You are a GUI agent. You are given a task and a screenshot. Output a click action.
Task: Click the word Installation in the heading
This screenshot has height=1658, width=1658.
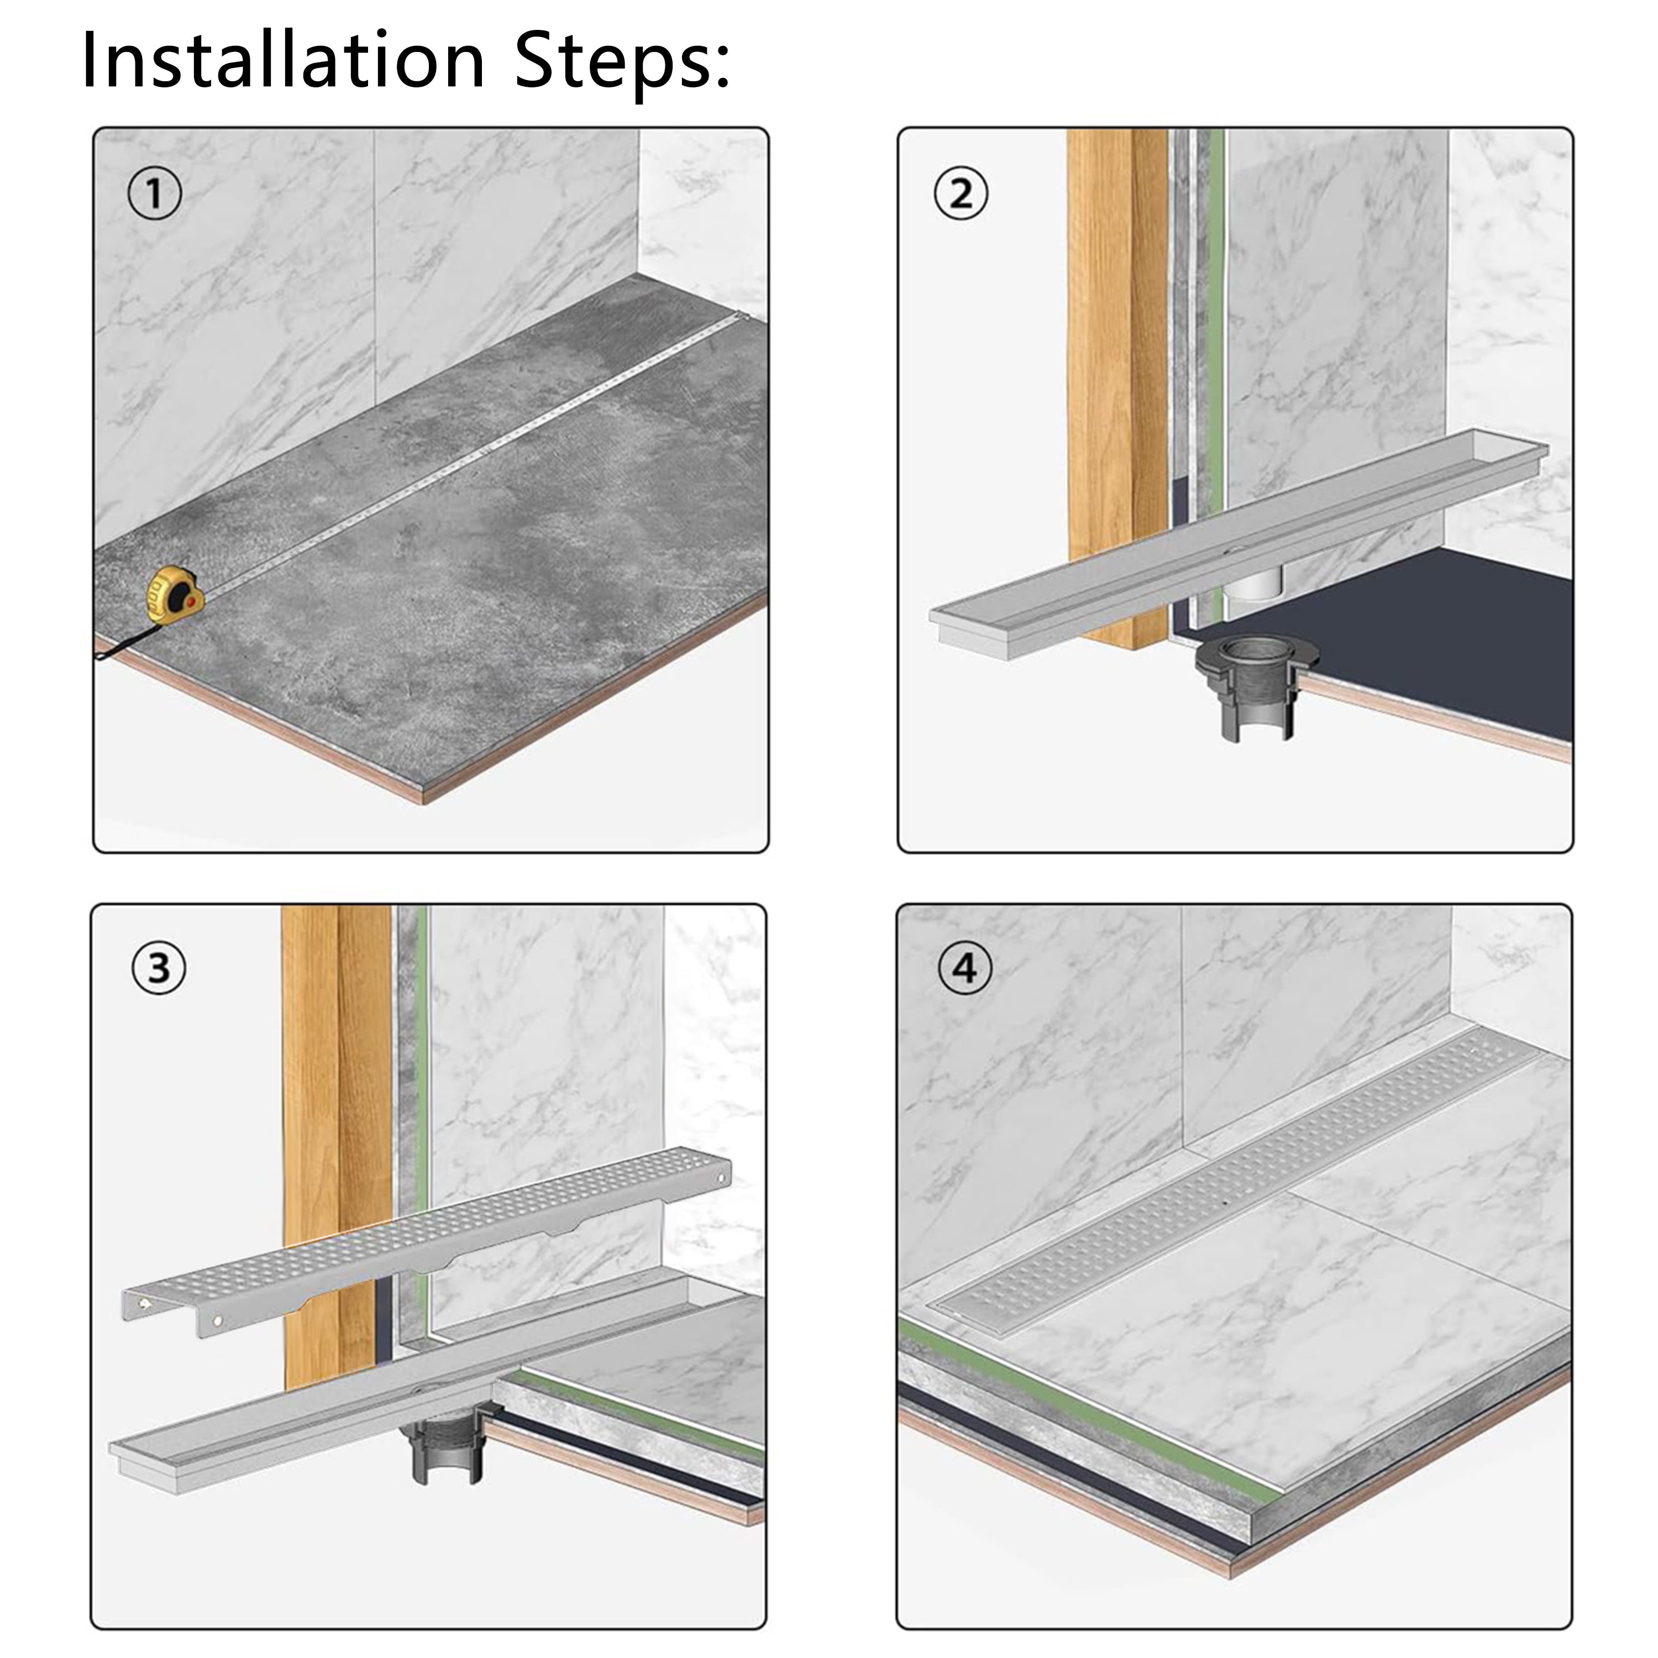283,60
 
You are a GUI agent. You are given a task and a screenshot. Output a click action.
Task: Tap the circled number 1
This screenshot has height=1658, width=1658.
155,195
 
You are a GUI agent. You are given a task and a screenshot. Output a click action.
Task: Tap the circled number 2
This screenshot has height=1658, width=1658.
961,194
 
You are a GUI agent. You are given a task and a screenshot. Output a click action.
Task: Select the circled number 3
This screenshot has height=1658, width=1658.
159,968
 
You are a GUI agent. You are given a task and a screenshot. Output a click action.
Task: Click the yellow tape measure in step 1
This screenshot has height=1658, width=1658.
174,595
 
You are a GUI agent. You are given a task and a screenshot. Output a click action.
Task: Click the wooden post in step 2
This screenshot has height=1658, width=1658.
1116,343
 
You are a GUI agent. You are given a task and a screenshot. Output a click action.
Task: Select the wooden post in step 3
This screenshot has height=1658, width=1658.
335,1073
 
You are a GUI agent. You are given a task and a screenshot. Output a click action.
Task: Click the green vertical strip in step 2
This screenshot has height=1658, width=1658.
1214,343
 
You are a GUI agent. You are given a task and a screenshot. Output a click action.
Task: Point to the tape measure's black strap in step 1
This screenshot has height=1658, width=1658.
129,642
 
